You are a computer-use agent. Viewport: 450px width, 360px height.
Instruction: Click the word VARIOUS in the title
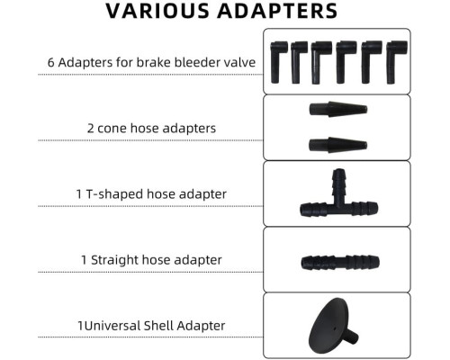157,11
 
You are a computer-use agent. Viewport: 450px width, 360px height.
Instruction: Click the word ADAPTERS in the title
277,11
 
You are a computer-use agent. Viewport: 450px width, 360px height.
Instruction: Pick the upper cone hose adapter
338,109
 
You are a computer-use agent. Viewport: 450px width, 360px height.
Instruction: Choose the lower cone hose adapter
338,145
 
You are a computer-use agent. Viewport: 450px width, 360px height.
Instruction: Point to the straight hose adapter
340,262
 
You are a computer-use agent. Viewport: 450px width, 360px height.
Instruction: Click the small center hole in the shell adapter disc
335,328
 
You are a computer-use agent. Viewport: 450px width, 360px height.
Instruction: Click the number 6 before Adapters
51,63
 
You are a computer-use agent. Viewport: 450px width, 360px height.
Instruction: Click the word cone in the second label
112,129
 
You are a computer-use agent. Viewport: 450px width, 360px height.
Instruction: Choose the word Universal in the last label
112,326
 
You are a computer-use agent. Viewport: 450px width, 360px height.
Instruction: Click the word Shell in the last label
158,326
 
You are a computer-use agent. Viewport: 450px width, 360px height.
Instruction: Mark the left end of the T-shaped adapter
301,209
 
